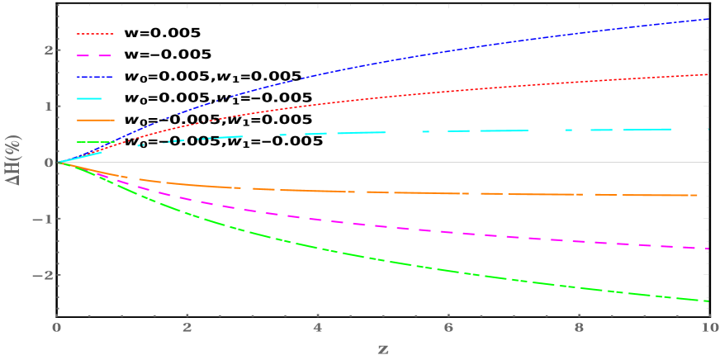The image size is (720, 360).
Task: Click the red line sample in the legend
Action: (x=95, y=34)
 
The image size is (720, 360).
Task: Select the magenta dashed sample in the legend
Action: (x=95, y=55)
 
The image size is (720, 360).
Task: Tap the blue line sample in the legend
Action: (x=95, y=77)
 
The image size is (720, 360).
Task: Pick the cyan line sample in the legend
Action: (x=90, y=98)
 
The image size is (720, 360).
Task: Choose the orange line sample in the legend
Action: (x=95, y=120)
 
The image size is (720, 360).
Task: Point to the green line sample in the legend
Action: (x=95, y=142)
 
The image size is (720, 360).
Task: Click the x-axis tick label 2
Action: (x=187, y=328)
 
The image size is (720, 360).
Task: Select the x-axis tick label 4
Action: (x=318, y=328)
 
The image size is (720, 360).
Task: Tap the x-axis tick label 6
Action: (x=448, y=328)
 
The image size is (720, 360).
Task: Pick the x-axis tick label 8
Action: (x=579, y=328)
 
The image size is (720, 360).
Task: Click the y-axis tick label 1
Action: (x=48, y=106)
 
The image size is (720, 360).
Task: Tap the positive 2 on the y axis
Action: (x=48, y=50)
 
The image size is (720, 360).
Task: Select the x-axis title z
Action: (x=383, y=348)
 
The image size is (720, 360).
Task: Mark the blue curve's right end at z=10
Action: (x=708, y=18)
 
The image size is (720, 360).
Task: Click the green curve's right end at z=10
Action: (x=708, y=301)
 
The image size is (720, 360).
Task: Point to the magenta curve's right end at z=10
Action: (x=708, y=249)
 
